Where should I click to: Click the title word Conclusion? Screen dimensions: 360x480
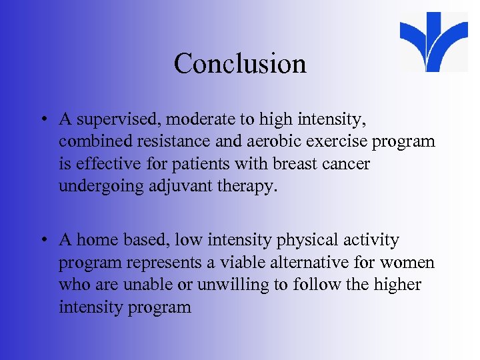[x=240, y=64]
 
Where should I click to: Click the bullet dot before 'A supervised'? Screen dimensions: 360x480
[x=42, y=121]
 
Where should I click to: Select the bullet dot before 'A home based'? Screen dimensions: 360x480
[x=42, y=241]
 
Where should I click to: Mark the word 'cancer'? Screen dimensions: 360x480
[x=348, y=164]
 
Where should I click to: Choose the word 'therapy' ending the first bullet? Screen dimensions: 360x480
[x=246, y=186]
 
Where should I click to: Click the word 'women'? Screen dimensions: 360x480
[x=411, y=263]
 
